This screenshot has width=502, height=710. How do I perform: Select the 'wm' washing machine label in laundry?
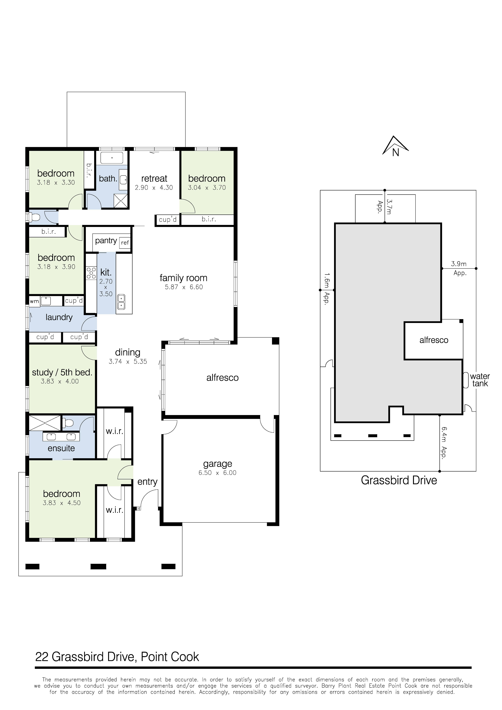coord(34,301)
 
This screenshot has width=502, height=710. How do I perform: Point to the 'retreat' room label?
coord(154,178)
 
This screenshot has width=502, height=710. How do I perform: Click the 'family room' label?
coord(183,278)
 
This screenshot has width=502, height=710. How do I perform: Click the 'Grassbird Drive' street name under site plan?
coord(399,480)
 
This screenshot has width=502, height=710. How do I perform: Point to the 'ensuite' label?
coord(61,448)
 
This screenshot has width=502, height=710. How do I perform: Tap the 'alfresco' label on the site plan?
coord(434,340)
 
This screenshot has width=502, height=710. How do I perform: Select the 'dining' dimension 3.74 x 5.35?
coord(128,362)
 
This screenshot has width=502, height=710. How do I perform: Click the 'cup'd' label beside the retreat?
coord(167,220)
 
